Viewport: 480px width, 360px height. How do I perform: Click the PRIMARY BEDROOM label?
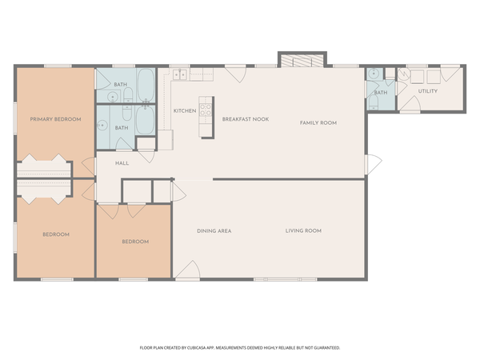tap(55, 119)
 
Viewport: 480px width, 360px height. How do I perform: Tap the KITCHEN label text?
tap(185, 110)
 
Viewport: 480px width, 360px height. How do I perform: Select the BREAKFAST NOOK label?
tap(245, 119)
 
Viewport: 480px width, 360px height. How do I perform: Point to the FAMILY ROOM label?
tap(318, 122)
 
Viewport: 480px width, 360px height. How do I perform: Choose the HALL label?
tap(122, 163)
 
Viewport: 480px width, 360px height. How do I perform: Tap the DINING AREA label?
tap(214, 230)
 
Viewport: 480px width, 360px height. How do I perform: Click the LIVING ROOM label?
tap(303, 230)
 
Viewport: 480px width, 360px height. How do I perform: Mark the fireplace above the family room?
tap(302, 61)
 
